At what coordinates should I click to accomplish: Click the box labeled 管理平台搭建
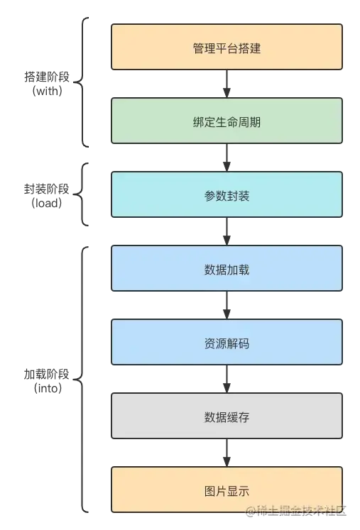pos(227,47)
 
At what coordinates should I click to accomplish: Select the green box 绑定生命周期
pos(227,121)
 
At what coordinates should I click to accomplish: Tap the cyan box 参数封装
pos(227,194)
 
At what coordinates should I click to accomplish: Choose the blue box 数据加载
pos(227,268)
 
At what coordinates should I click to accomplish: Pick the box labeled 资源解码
pos(227,342)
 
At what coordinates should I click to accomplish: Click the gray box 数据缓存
pos(227,416)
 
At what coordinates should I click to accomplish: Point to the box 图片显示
pos(227,490)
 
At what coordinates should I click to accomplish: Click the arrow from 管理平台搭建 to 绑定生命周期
pos(227,84)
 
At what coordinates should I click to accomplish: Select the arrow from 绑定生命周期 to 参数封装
pos(227,158)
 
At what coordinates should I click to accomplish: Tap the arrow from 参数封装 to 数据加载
pos(227,231)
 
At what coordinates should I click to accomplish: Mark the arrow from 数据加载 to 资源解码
pos(227,305)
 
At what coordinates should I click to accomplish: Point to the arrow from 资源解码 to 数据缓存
pos(227,379)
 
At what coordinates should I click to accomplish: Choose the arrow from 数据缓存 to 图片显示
pos(227,453)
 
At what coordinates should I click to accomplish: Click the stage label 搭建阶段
pos(47,77)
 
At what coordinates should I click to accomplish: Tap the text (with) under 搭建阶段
pos(47,91)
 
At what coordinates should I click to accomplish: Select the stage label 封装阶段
pos(47,189)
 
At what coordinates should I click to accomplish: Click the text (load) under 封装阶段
pos(47,203)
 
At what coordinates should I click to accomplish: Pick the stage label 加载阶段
pos(47,374)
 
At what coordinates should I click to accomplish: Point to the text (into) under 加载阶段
pos(48,387)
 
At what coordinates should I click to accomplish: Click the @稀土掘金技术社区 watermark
pos(296,510)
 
